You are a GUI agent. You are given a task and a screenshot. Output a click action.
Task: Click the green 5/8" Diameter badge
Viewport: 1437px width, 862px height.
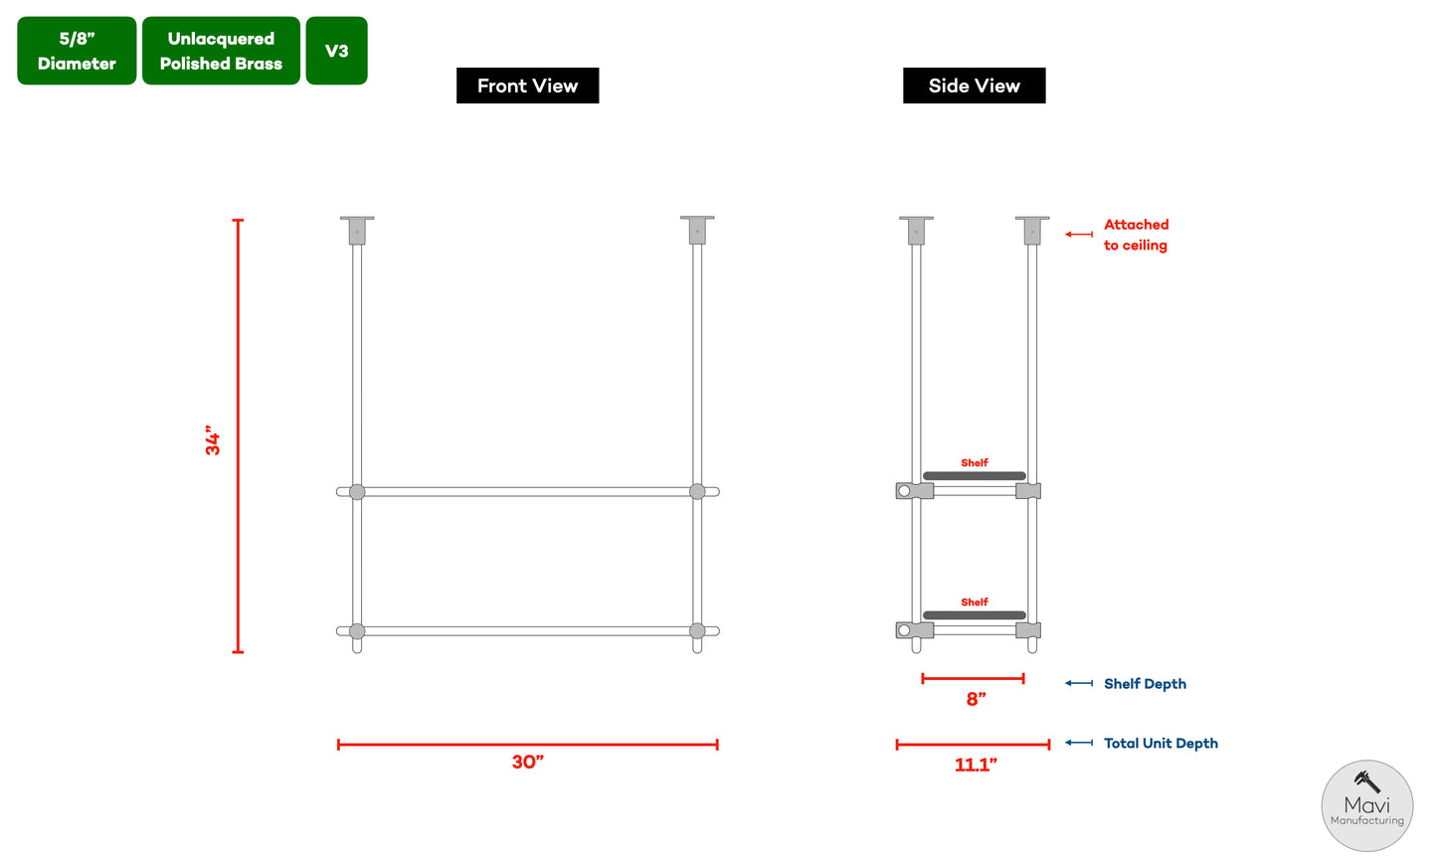pyautogui.click(x=77, y=51)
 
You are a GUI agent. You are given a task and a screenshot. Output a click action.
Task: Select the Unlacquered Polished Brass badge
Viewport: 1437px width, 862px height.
pyautogui.click(x=221, y=51)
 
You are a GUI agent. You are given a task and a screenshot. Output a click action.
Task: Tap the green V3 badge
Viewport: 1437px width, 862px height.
pyautogui.click(x=336, y=51)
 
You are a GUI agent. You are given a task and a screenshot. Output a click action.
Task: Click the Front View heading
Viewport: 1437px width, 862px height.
pyautogui.click(x=527, y=86)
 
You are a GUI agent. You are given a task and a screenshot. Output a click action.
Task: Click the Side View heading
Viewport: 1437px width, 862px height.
pyautogui.click(x=974, y=86)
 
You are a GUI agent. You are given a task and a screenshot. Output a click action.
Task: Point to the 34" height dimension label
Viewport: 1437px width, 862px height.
pyautogui.click(x=213, y=440)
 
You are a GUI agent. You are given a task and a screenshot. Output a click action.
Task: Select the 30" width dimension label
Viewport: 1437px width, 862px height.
pyautogui.click(x=527, y=763)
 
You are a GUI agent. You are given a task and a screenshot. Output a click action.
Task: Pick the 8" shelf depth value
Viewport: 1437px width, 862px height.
pyautogui.click(x=976, y=700)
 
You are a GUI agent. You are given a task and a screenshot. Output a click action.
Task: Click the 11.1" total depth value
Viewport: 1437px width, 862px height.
pyautogui.click(x=976, y=765)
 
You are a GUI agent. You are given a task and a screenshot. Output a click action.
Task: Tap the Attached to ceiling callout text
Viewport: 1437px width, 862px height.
pyautogui.click(x=1136, y=235)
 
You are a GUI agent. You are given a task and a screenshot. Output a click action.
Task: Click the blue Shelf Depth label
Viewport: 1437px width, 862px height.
pyautogui.click(x=1145, y=684)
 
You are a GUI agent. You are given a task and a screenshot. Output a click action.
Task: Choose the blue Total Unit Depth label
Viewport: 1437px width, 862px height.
pyautogui.click(x=1161, y=744)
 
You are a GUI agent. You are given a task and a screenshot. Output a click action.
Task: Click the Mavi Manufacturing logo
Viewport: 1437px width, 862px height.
pyautogui.click(x=1366, y=805)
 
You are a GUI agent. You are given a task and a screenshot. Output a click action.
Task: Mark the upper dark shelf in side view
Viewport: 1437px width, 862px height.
pyautogui.click(x=974, y=476)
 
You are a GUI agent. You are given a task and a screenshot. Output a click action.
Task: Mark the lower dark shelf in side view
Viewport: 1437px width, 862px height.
pyautogui.click(x=974, y=615)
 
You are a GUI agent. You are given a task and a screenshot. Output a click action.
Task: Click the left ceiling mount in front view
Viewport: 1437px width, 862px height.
pyautogui.click(x=357, y=230)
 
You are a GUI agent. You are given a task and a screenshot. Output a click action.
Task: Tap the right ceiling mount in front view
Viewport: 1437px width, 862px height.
pyautogui.click(x=697, y=230)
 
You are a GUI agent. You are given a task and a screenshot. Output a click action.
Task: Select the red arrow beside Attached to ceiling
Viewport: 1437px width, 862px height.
pyautogui.click(x=1079, y=235)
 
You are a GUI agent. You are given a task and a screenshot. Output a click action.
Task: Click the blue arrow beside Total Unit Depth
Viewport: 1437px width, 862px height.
pyautogui.click(x=1079, y=744)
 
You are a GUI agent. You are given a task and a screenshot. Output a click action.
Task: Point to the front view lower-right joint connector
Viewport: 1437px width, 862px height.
pyautogui.click(x=697, y=631)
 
